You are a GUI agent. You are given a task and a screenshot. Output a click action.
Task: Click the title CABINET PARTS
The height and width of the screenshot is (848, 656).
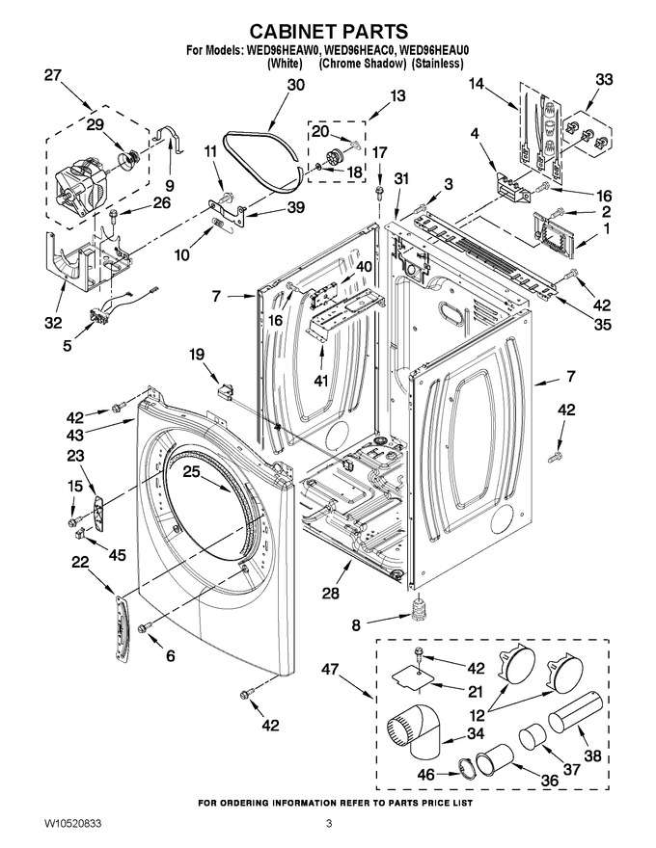[328, 31]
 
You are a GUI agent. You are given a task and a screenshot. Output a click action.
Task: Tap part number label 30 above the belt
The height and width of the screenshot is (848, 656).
[295, 85]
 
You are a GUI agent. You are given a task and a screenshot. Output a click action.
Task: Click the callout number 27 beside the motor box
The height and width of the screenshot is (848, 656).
[53, 75]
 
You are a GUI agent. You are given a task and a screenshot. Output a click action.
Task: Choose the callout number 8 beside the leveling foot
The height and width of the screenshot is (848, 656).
[356, 625]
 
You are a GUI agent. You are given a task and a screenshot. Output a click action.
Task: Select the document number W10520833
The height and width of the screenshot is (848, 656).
[72, 824]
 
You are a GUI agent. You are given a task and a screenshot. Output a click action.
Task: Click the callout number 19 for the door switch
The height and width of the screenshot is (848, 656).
[197, 355]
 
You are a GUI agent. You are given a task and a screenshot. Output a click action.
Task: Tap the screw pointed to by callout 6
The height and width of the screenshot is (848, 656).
[144, 626]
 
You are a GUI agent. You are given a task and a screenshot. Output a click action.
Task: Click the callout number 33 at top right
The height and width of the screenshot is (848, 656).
[604, 79]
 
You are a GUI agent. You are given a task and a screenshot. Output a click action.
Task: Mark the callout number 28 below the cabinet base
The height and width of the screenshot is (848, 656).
[331, 593]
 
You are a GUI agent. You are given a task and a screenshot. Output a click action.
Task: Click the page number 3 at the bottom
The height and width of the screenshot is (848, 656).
[329, 825]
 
